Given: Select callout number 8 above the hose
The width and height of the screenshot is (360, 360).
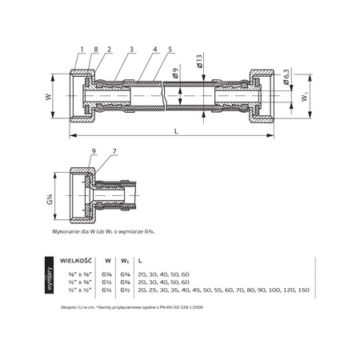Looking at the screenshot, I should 95,50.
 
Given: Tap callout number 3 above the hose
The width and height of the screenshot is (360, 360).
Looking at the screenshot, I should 131,50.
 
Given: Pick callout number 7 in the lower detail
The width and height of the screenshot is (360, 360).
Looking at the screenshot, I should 114,152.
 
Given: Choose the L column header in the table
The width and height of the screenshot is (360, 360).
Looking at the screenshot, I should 141,260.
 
